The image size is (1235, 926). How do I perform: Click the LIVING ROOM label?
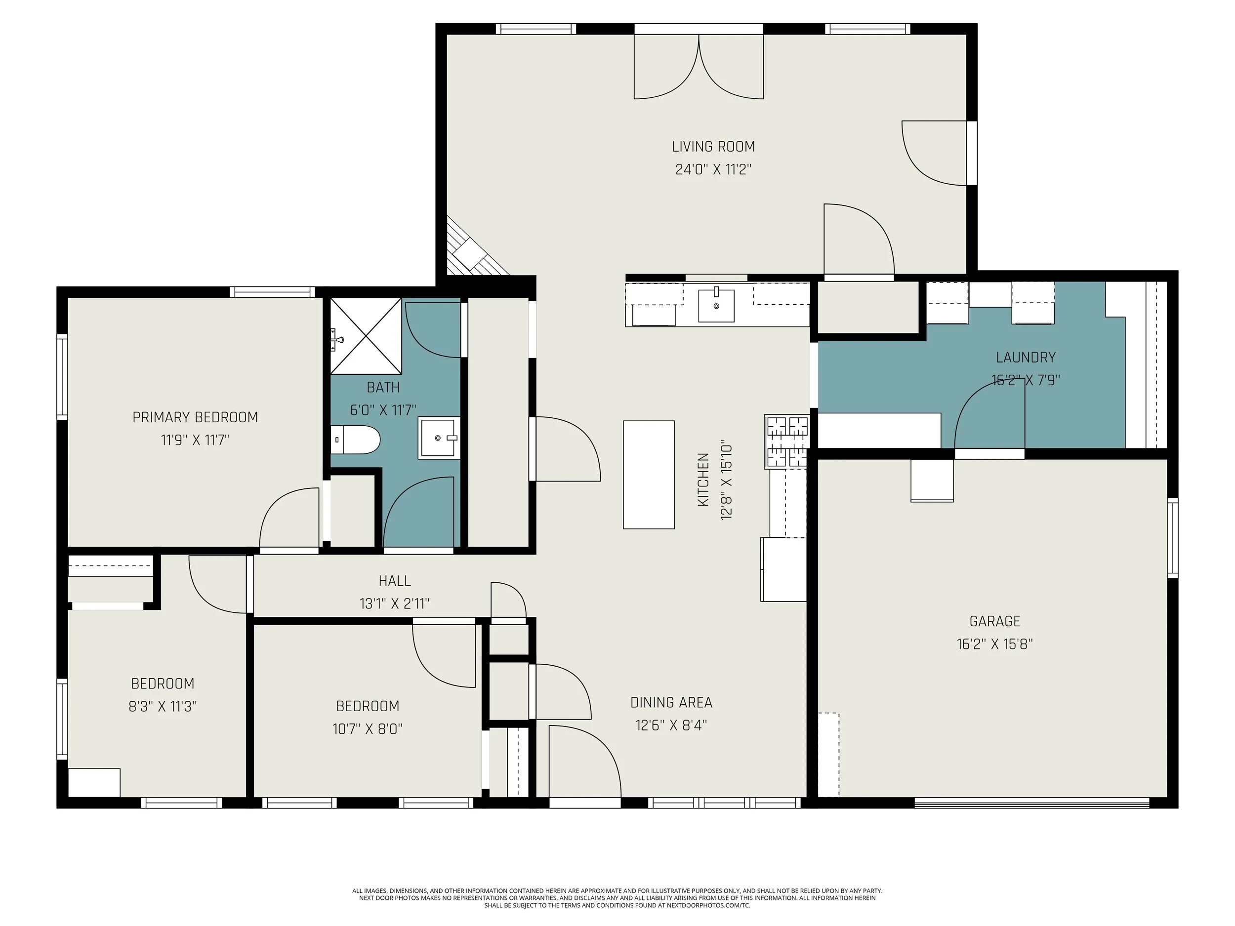713,147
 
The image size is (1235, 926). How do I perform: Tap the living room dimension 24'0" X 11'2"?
713,169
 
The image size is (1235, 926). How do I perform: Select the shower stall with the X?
366,336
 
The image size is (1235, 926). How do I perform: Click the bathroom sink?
439,438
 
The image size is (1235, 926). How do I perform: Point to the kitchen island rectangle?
649,475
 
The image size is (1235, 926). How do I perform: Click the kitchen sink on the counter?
716,305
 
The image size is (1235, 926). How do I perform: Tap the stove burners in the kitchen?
786,441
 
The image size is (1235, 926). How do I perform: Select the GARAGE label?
994,621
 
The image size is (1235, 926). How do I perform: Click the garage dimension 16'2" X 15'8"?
994,644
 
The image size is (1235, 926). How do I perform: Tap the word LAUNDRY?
1026,357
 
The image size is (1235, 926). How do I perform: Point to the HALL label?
395,581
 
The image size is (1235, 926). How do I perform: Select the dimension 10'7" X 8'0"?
368,729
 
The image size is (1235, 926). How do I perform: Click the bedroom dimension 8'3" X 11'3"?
163,707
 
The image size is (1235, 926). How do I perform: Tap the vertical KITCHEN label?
703,480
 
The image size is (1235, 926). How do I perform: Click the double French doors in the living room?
699,67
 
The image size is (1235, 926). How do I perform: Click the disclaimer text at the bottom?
617,898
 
